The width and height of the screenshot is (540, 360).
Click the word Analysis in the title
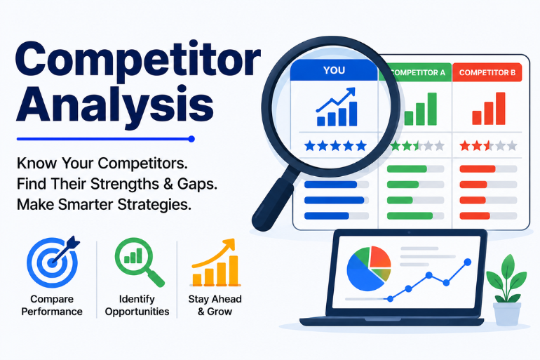coord(115,103)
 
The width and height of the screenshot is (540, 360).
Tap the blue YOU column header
coord(334,70)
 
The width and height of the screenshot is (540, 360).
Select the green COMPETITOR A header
coord(415,72)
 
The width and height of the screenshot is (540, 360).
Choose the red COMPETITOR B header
coord(487,72)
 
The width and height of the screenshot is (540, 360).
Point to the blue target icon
coord(53,261)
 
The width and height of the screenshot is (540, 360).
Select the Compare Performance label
coord(52,305)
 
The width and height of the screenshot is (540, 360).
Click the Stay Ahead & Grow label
coord(215,305)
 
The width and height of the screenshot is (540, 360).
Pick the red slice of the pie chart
coord(380,257)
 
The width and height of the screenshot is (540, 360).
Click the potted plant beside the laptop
coord(506,290)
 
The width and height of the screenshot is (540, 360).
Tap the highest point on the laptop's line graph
coord(467,262)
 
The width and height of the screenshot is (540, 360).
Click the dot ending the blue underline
coord(191,139)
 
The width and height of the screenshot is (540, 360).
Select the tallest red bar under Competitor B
coord(501,109)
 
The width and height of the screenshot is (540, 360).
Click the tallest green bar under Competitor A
coord(432,109)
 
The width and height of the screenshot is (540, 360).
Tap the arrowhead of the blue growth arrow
coord(351,93)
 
